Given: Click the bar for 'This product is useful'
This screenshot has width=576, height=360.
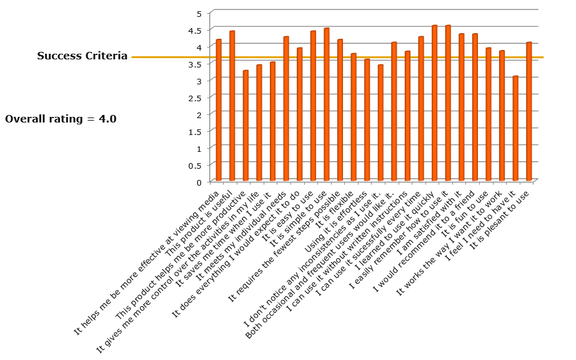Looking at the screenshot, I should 232,106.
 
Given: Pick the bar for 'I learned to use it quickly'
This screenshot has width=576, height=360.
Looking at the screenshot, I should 434,104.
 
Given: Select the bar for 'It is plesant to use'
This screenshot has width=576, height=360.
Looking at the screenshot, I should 529,112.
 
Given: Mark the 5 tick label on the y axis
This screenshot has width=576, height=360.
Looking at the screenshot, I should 199,13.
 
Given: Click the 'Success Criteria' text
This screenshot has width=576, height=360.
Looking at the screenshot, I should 82,56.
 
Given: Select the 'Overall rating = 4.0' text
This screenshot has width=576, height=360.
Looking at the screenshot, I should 61,119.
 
